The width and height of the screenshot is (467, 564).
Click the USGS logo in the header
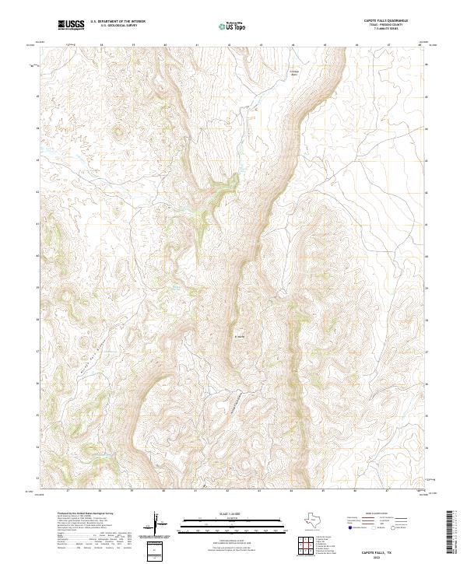click(71, 26)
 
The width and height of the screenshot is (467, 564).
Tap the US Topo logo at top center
click(234, 26)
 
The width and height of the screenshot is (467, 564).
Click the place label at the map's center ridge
click(240, 337)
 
